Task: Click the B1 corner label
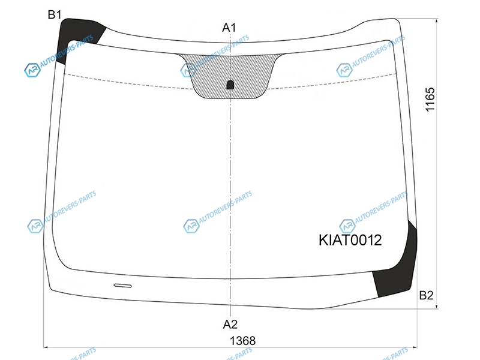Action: point(55,14)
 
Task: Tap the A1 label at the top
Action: point(229,28)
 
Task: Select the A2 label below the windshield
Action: point(230,324)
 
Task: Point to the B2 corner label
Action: point(426,295)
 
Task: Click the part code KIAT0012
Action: point(350,240)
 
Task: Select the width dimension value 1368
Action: point(242,340)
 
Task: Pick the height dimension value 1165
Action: point(430,100)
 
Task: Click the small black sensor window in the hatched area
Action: point(230,85)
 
